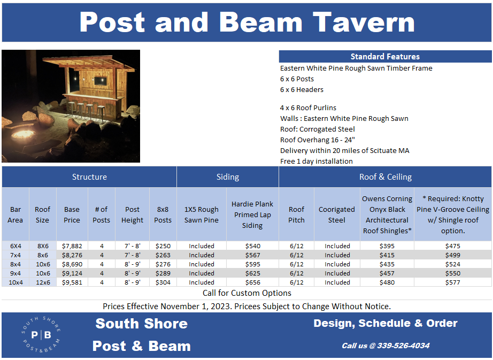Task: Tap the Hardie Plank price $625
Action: coord(252,273)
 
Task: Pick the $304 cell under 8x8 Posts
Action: coord(163,282)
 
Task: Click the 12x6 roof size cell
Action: coord(42,282)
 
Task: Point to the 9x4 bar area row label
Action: coord(16,273)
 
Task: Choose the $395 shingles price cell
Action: coord(387,246)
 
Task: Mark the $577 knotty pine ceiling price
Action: coord(452,282)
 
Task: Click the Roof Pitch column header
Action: coord(296,215)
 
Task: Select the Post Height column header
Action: coord(132,215)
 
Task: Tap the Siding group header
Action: coord(227,177)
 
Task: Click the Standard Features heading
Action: coord(385,56)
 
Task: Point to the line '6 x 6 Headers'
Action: coord(302,89)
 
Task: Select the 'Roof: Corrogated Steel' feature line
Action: coord(317,129)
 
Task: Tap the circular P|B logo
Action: coord(41,335)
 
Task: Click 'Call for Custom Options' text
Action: coord(247,293)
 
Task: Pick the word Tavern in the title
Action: coord(364,22)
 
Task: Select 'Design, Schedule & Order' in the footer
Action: coord(385,323)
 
